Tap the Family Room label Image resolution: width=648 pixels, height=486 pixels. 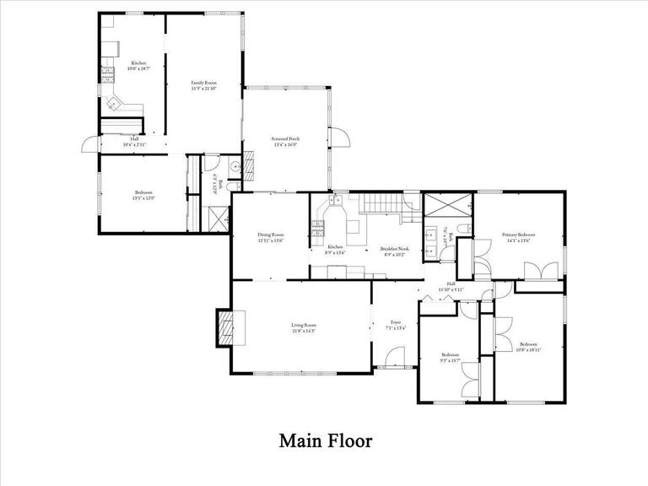point(203,83)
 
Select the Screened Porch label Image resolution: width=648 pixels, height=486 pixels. point(286,138)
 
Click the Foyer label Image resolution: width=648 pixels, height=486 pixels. point(395,322)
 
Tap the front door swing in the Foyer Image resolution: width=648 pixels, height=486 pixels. point(395,359)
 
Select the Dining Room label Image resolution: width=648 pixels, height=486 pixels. point(271,235)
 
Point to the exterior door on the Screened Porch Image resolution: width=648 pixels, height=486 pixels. point(338,138)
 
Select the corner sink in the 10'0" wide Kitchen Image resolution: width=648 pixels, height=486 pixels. point(114,104)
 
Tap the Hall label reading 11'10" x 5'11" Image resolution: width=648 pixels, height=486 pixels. point(451,284)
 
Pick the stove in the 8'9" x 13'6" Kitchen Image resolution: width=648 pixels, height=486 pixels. point(318,226)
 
